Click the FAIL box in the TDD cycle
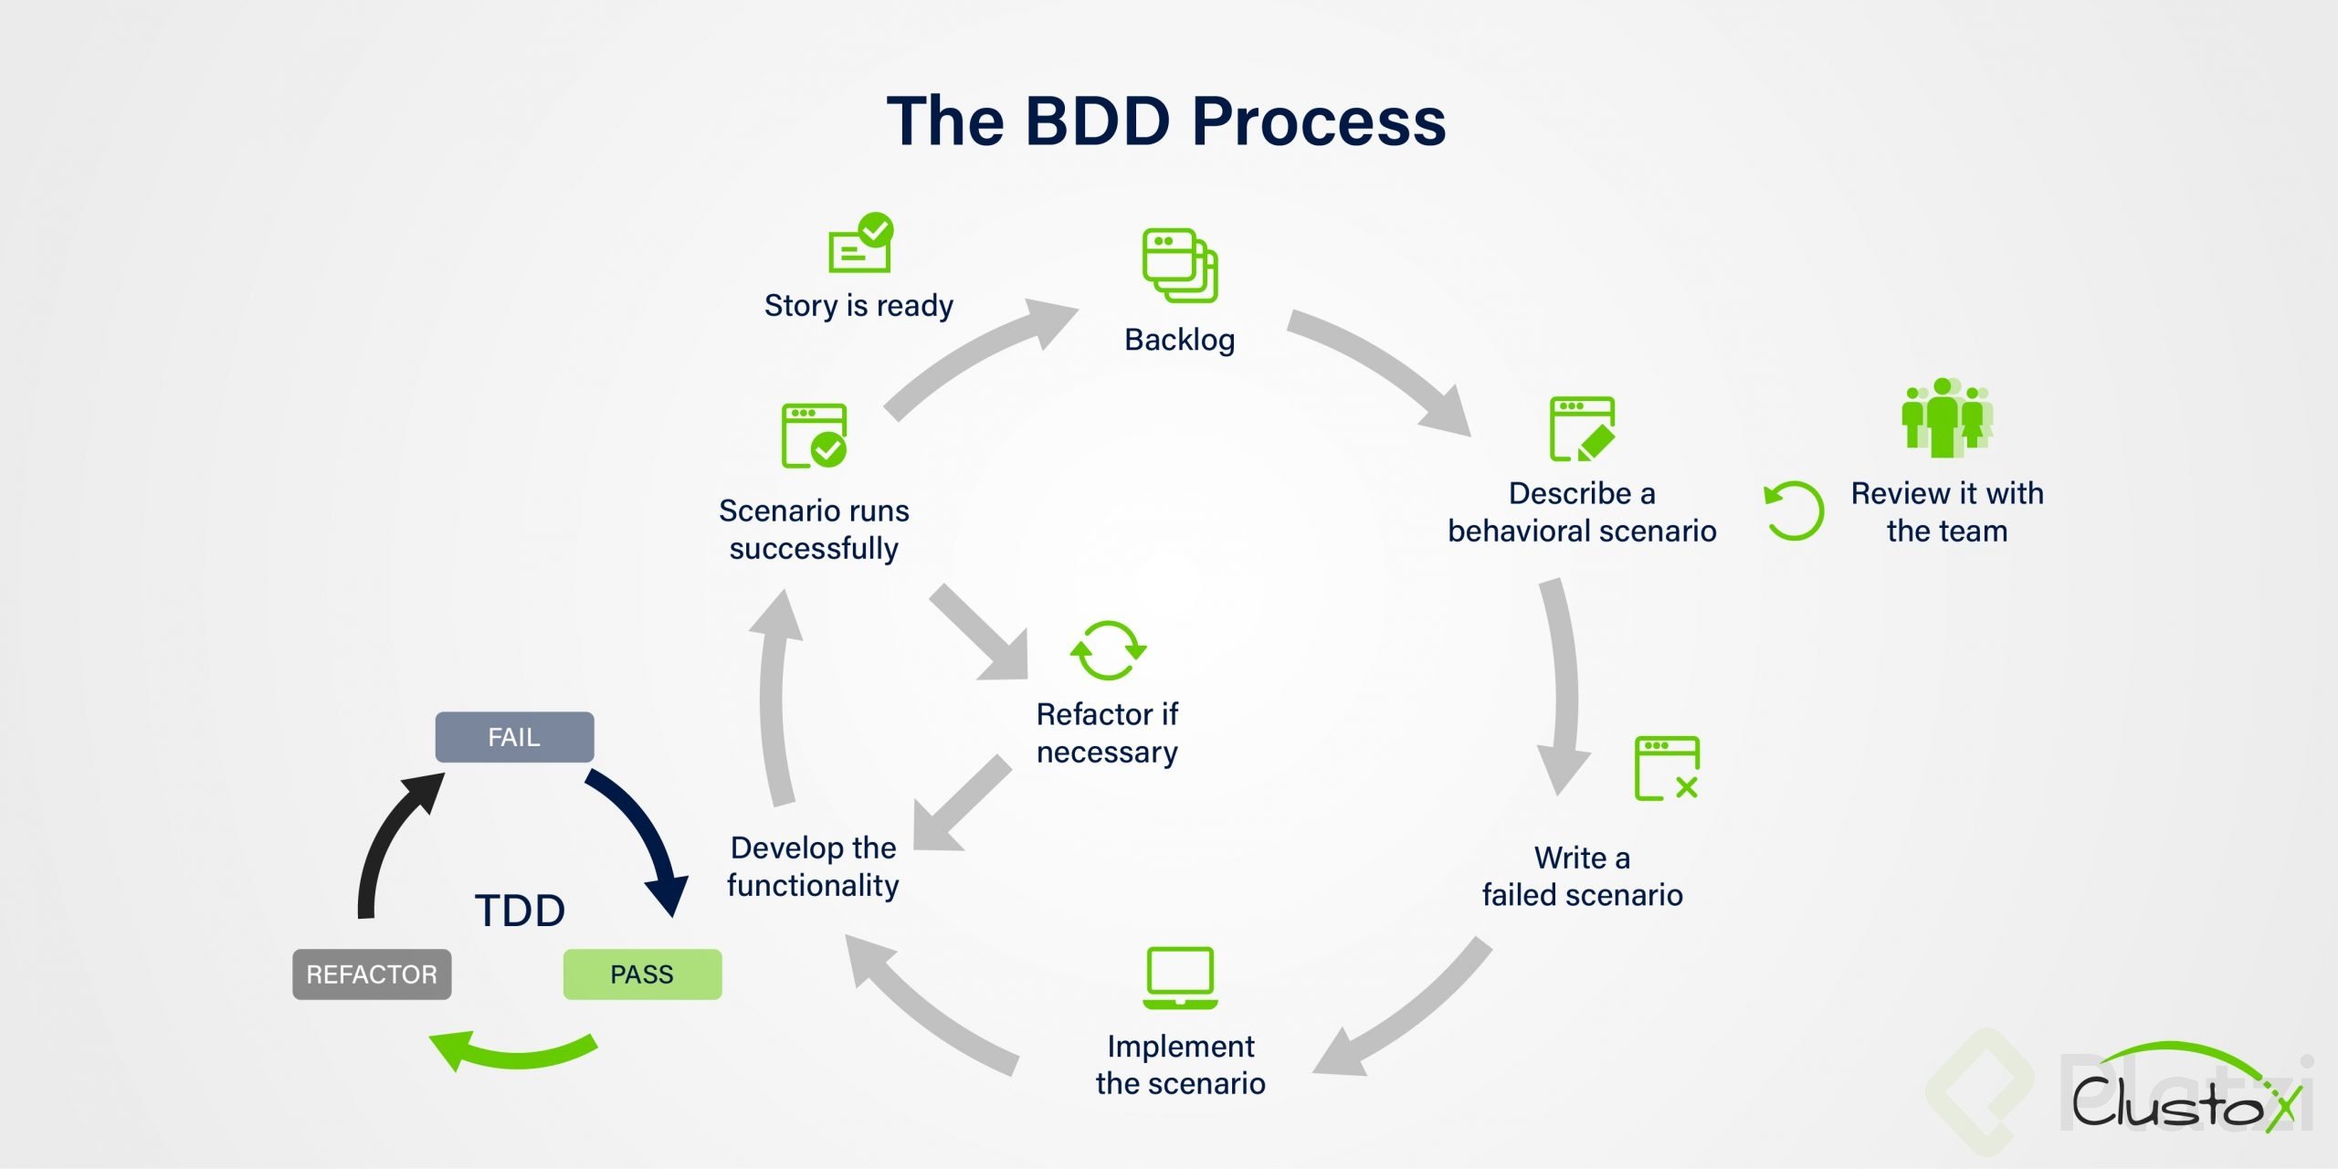[x=514, y=737]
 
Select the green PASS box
[x=642, y=974]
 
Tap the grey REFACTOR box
[x=372, y=974]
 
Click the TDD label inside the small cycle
[x=520, y=911]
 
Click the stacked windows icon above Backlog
[x=1180, y=265]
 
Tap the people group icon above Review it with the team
[x=1946, y=417]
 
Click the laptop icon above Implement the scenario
[x=1180, y=978]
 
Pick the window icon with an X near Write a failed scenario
[x=1667, y=768]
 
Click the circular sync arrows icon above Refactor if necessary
[x=1108, y=650]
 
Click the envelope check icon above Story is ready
[x=860, y=244]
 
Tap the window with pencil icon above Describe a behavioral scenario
[x=1582, y=428]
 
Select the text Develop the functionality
[x=813, y=866]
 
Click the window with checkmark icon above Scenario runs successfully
[x=814, y=436]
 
